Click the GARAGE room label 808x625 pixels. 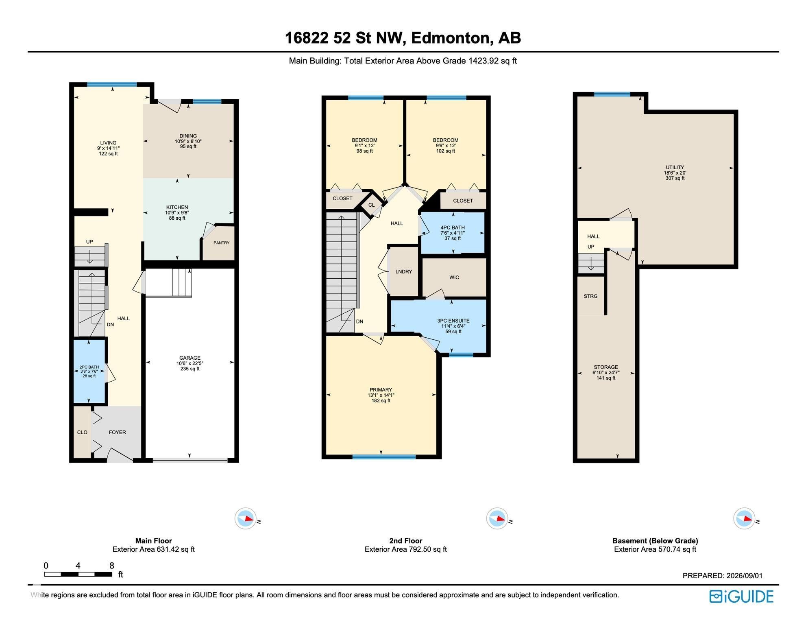[x=189, y=358]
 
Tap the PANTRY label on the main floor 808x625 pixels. [x=222, y=243]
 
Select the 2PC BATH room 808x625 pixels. [x=89, y=372]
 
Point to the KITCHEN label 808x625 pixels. [x=177, y=207]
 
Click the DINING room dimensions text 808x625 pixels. [x=188, y=141]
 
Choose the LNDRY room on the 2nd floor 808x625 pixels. [x=404, y=271]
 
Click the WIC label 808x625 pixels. [x=454, y=278]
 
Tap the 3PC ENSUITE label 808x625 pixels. [x=453, y=321]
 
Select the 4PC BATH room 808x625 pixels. [x=453, y=233]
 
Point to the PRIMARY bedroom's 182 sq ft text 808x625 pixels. [x=381, y=401]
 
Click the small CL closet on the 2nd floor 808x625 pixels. [x=372, y=205]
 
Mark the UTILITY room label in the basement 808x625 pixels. [x=675, y=167]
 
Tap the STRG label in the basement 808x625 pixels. [x=591, y=296]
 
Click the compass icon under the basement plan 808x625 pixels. [x=745, y=519]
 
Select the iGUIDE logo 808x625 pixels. [x=741, y=597]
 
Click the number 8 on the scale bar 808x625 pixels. [x=112, y=566]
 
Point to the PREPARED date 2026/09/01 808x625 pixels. [x=745, y=576]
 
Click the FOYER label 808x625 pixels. [x=118, y=432]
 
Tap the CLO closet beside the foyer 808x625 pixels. [x=83, y=432]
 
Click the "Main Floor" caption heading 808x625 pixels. [x=154, y=541]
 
